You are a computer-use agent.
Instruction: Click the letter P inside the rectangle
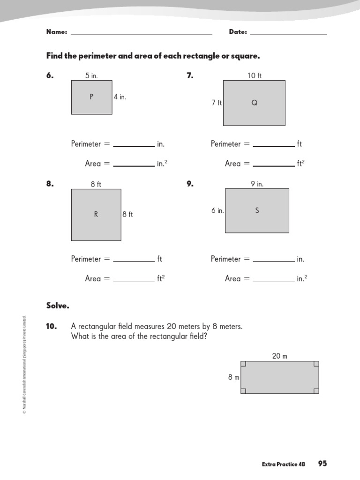click(x=91, y=97)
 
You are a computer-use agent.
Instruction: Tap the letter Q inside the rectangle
click(x=255, y=103)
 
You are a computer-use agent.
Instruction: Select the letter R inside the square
click(x=96, y=215)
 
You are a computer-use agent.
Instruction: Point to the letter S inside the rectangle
click(x=257, y=210)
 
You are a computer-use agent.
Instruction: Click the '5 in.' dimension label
click(x=91, y=75)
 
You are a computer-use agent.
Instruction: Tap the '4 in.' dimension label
click(x=120, y=97)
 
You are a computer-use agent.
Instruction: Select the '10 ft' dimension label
click(x=255, y=75)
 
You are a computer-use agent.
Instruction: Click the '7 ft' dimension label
click(x=217, y=103)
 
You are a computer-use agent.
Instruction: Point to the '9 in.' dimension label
click(x=257, y=184)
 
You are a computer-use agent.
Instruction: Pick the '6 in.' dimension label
click(x=217, y=211)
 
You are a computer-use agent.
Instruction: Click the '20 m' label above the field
click(x=279, y=356)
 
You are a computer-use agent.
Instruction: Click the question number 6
click(x=50, y=75)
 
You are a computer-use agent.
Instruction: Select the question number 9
click(x=190, y=184)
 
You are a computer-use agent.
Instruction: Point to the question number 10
click(x=52, y=326)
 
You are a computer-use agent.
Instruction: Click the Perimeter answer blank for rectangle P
click(x=134, y=146)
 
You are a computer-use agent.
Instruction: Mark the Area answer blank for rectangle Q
click(x=274, y=165)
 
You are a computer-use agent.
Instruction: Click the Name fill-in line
click(x=141, y=33)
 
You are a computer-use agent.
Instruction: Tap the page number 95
click(x=322, y=464)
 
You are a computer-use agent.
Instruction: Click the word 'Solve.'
click(x=58, y=306)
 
